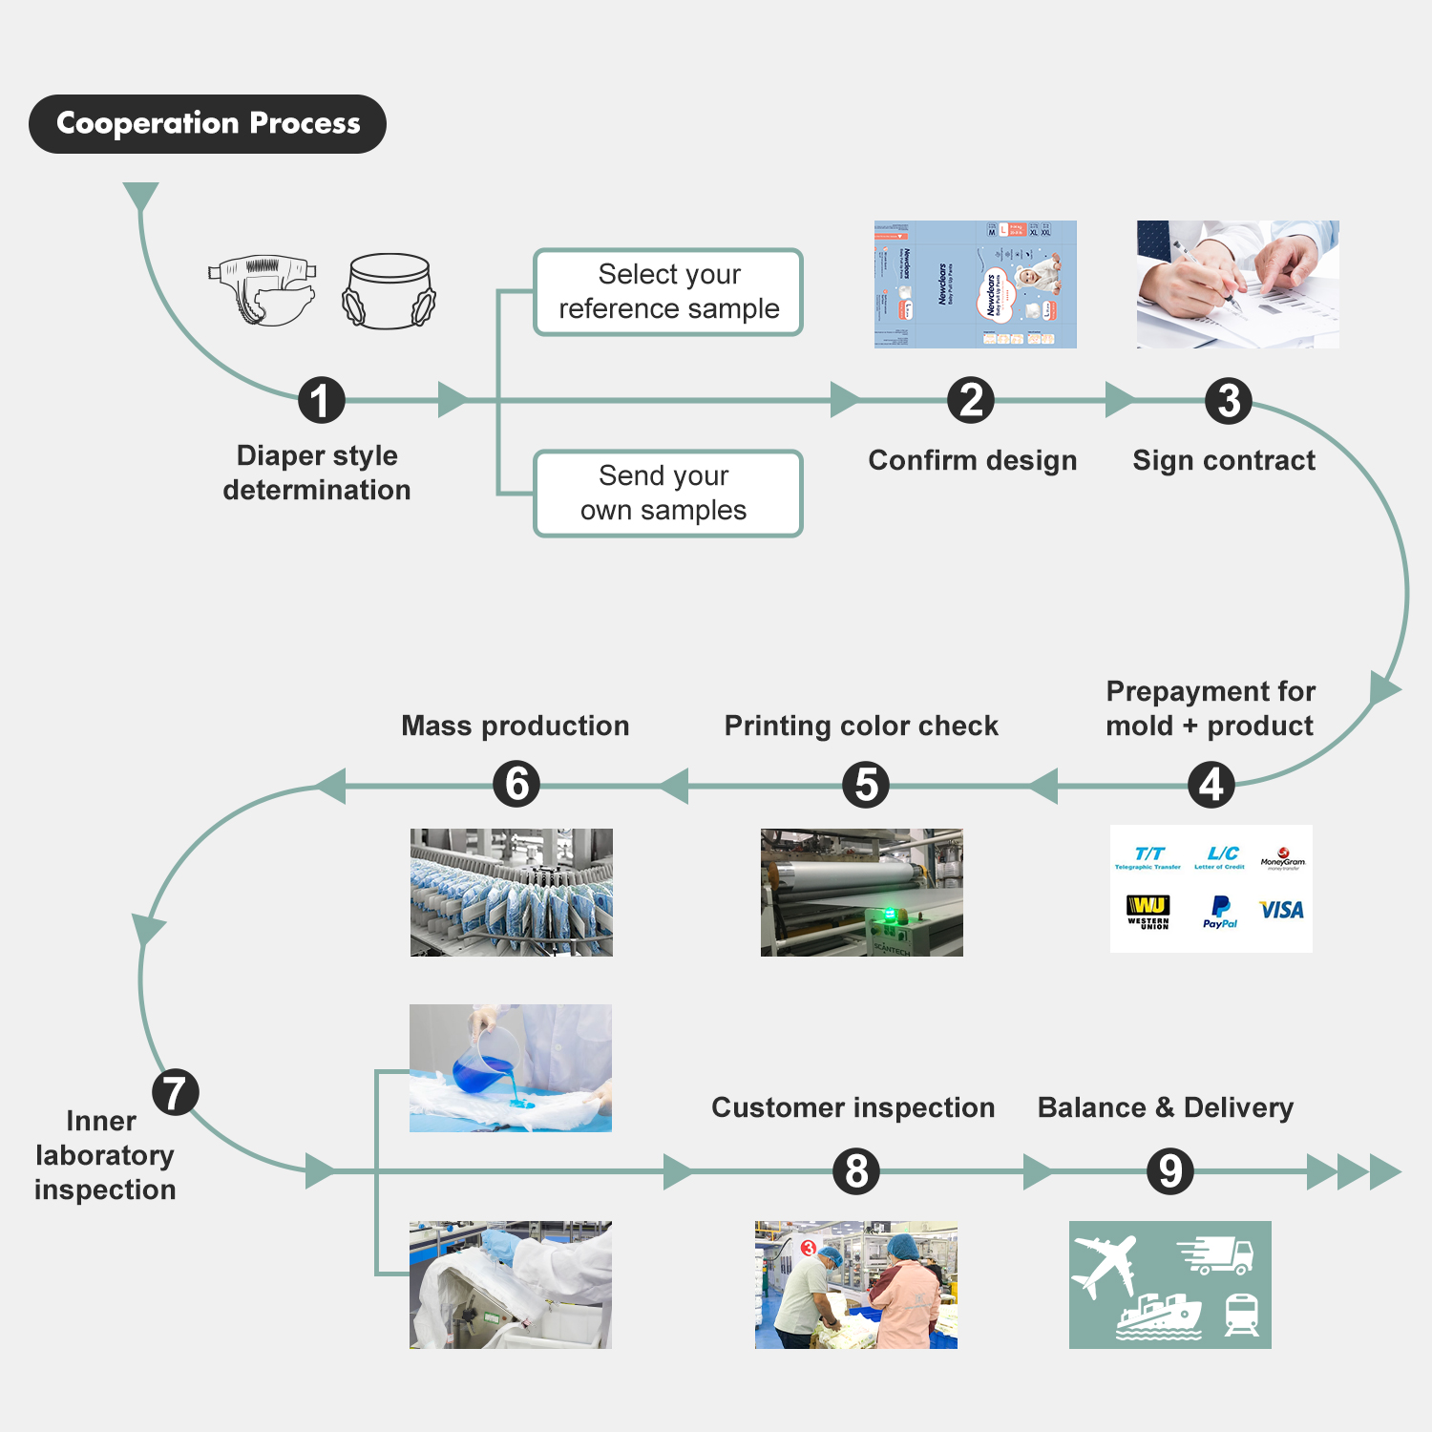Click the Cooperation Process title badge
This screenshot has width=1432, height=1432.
click(x=207, y=124)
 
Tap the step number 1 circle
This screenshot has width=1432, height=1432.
click(x=321, y=401)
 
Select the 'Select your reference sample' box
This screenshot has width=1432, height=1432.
click(x=668, y=292)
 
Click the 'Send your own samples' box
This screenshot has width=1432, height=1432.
click(x=668, y=494)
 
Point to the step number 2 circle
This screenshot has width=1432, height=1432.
click(x=971, y=401)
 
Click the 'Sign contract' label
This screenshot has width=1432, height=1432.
click(x=1224, y=460)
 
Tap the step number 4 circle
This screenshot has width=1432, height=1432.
click(x=1211, y=785)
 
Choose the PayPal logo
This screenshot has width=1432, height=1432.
click(x=1220, y=911)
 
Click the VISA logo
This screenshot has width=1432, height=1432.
click(x=1281, y=910)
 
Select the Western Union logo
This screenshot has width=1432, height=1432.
click(x=1148, y=911)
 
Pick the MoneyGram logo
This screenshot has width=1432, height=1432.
click(x=1282, y=857)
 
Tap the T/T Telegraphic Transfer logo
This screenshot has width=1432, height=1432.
click(x=1148, y=857)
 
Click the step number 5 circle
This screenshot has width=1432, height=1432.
click(x=866, y=785)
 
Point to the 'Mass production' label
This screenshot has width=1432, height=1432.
click(x=516, y=726)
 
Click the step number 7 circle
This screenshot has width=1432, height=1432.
click(x=176, y=1092)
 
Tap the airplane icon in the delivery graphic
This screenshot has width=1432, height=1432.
click(x=1106, y=1264)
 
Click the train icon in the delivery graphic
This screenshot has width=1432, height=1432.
click(x=1241, y=1315)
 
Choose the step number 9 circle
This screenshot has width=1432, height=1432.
click(x=1170, y=1171)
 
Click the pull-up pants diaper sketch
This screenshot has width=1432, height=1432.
click(x=389, y=291)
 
